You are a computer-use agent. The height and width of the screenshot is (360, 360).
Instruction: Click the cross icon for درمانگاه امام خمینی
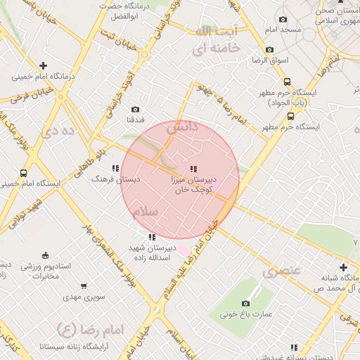(x=44, y=65)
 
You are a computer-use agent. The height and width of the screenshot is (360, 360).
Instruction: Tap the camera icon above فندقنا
(x=135, y=110)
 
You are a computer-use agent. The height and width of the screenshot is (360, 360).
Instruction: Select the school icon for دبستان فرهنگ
(x=115, y=168)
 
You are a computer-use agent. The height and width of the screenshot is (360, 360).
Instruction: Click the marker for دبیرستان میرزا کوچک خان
(x=193, y=169)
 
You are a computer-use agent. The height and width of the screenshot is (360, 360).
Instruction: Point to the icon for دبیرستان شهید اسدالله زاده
(x=152, y=237)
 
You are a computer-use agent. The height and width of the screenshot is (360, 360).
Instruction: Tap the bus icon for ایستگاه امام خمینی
(x=24, y=173)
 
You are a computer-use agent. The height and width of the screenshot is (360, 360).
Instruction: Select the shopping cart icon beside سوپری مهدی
(x=84, y=286)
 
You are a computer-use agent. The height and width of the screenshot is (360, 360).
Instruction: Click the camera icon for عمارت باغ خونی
(x=246, y=303)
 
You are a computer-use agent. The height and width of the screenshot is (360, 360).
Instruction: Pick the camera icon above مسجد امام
(x=283, y=20)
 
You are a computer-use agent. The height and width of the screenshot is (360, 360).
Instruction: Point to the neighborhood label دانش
(x=181, y=128)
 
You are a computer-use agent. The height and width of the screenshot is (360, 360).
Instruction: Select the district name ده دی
(x=58, y=131)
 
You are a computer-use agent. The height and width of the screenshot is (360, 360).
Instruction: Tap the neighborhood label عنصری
(x=282, y=270)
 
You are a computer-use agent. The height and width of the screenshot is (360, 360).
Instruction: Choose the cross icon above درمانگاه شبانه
(x=343, y=267)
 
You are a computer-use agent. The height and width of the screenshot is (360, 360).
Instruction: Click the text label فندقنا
(x=135, y=120)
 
